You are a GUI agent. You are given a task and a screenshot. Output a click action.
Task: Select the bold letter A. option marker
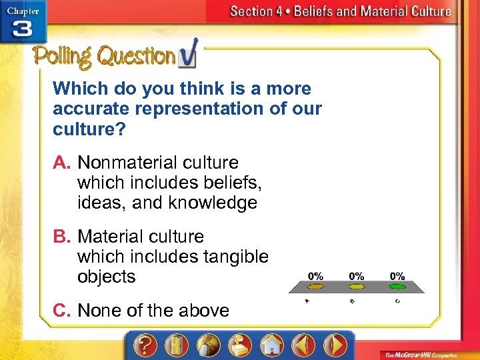[63, 163]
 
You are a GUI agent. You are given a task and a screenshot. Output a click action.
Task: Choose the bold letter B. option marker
[63, 237]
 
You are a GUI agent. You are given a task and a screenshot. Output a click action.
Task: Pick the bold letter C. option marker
[63, 310]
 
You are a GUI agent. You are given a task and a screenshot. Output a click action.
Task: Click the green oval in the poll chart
[397, 287]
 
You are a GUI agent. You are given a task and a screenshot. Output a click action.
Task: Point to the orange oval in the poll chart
[316, 287]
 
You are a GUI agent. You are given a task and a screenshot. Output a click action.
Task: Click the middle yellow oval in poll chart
[357, 287]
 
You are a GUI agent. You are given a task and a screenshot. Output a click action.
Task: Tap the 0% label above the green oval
[397, 276]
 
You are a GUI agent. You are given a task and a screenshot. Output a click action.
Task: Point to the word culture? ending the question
[89, 129]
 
